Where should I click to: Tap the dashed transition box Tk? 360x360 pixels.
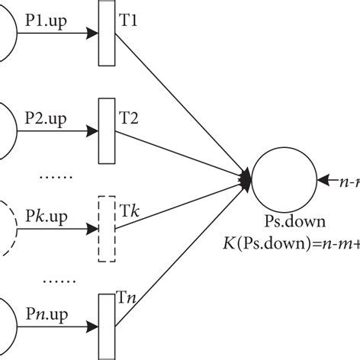coord(106,229)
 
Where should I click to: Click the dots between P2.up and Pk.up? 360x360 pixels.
coord(53,177)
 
